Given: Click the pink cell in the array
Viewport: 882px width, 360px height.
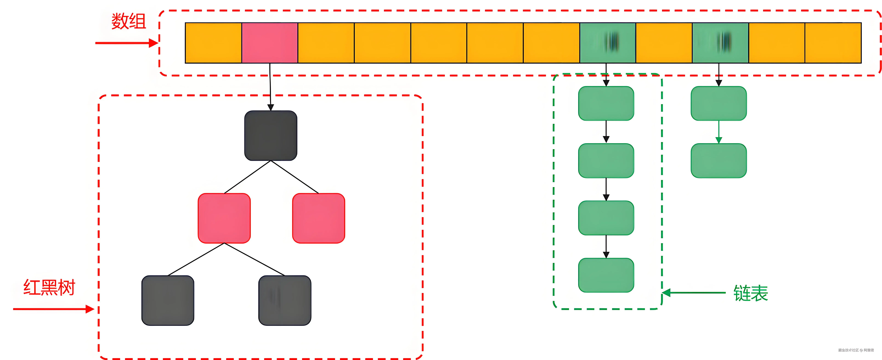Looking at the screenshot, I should point(270,43).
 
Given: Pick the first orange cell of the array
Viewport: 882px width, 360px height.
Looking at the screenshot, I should point(213,43).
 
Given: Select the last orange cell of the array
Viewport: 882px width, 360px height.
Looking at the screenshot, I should point(833,43).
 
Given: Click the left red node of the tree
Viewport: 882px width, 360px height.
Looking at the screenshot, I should point(224,218).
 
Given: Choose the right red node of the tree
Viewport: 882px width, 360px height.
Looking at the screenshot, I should point(318,218).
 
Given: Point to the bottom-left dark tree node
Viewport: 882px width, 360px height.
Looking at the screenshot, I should point(168,300).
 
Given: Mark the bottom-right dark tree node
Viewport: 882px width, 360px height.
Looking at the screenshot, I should point(285,300).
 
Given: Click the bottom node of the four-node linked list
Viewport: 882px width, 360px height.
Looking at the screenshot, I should point(606,275).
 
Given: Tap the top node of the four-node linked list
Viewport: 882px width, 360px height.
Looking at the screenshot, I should point(606,103).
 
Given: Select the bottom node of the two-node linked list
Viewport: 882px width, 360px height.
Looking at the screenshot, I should point(719,161).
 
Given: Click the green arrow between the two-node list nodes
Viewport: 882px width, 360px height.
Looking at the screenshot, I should point(719,132).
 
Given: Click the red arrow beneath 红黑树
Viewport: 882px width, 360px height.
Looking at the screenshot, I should point(53,309).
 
